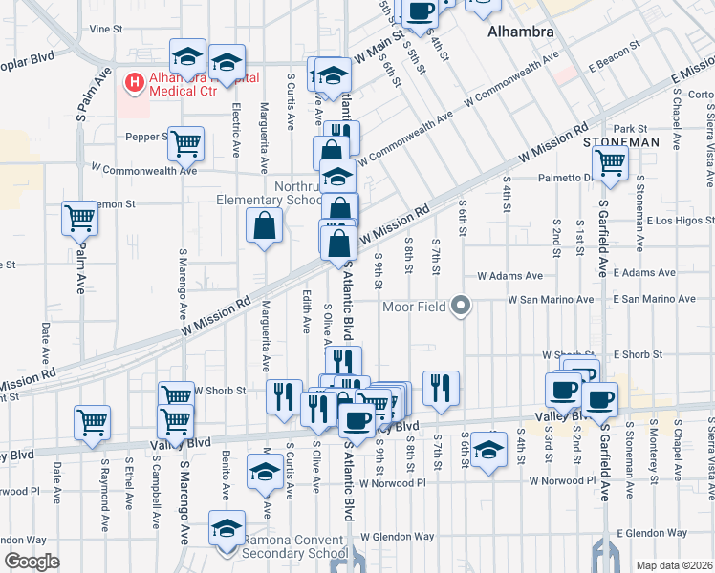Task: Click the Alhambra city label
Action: (520, 32)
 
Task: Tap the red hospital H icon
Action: (134, 83)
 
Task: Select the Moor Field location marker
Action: (462, 307)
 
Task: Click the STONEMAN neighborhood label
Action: (621, 141)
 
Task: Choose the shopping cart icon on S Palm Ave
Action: (80, 218)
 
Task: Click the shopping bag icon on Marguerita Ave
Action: (264, 227)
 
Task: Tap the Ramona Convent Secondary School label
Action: (293, 546)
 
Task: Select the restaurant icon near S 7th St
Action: (441, 388)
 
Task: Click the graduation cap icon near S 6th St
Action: (488, 450)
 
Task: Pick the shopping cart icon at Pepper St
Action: (185, 143)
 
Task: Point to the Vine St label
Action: (107, 30)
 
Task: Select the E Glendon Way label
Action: (651, 532)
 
